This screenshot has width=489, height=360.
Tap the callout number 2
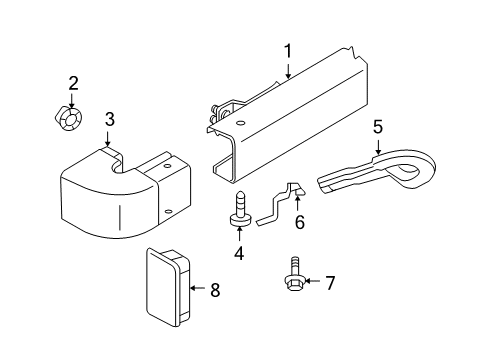pyautogui.click(x=73, y=82)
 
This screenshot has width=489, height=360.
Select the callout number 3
pyautogui.click(x=110, y=119)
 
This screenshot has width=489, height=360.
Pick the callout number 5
pyautogui.click(x=377, y=127)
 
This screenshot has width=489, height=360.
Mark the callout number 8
pyautogui.click(x=214, y=290)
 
